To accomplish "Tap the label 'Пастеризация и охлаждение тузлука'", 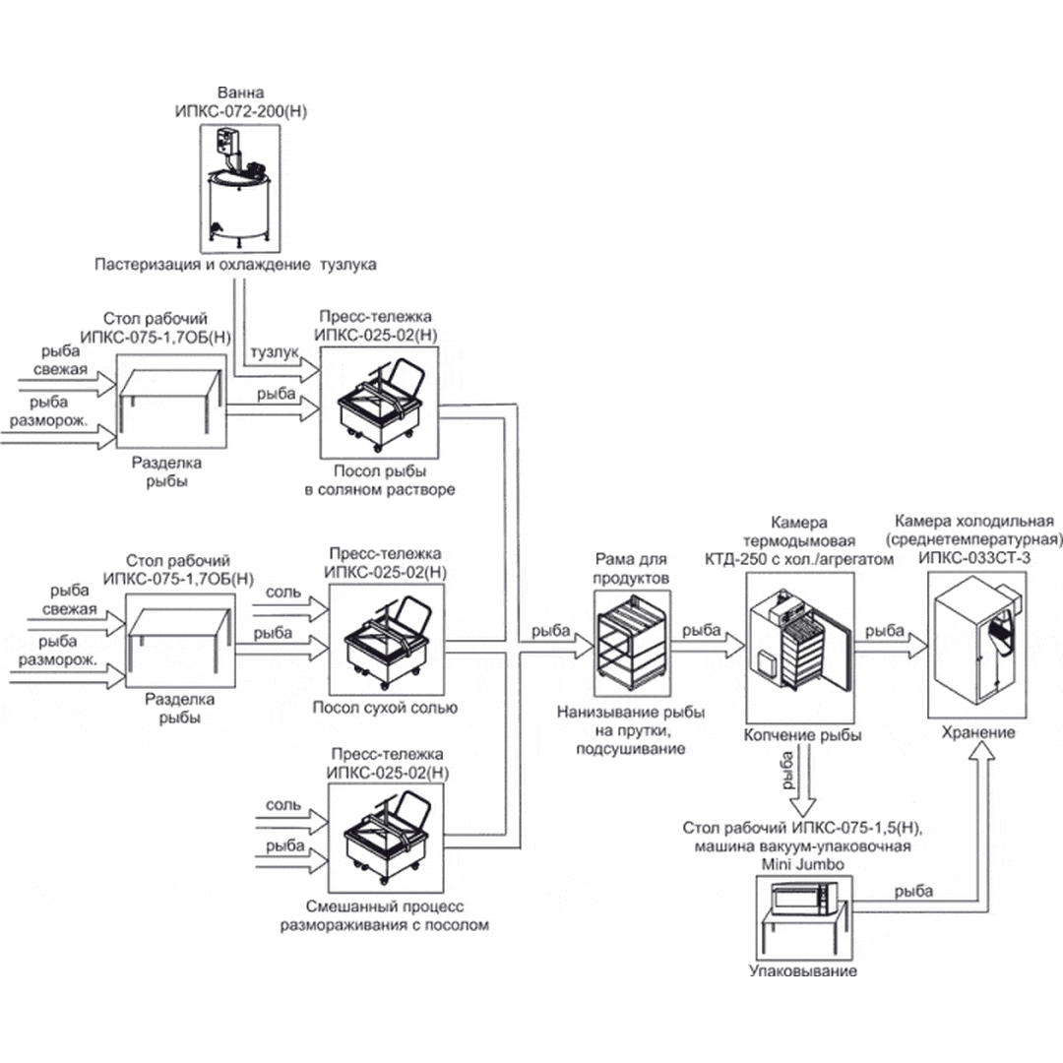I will tap(236, 266).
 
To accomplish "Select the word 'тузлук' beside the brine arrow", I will tap(274, 352).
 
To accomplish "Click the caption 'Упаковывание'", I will tap(802, 971).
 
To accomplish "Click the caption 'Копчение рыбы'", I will tap(802, 735).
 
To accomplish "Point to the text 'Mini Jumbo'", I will tap(802, 863).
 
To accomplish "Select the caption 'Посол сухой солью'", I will tap(385, 707).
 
